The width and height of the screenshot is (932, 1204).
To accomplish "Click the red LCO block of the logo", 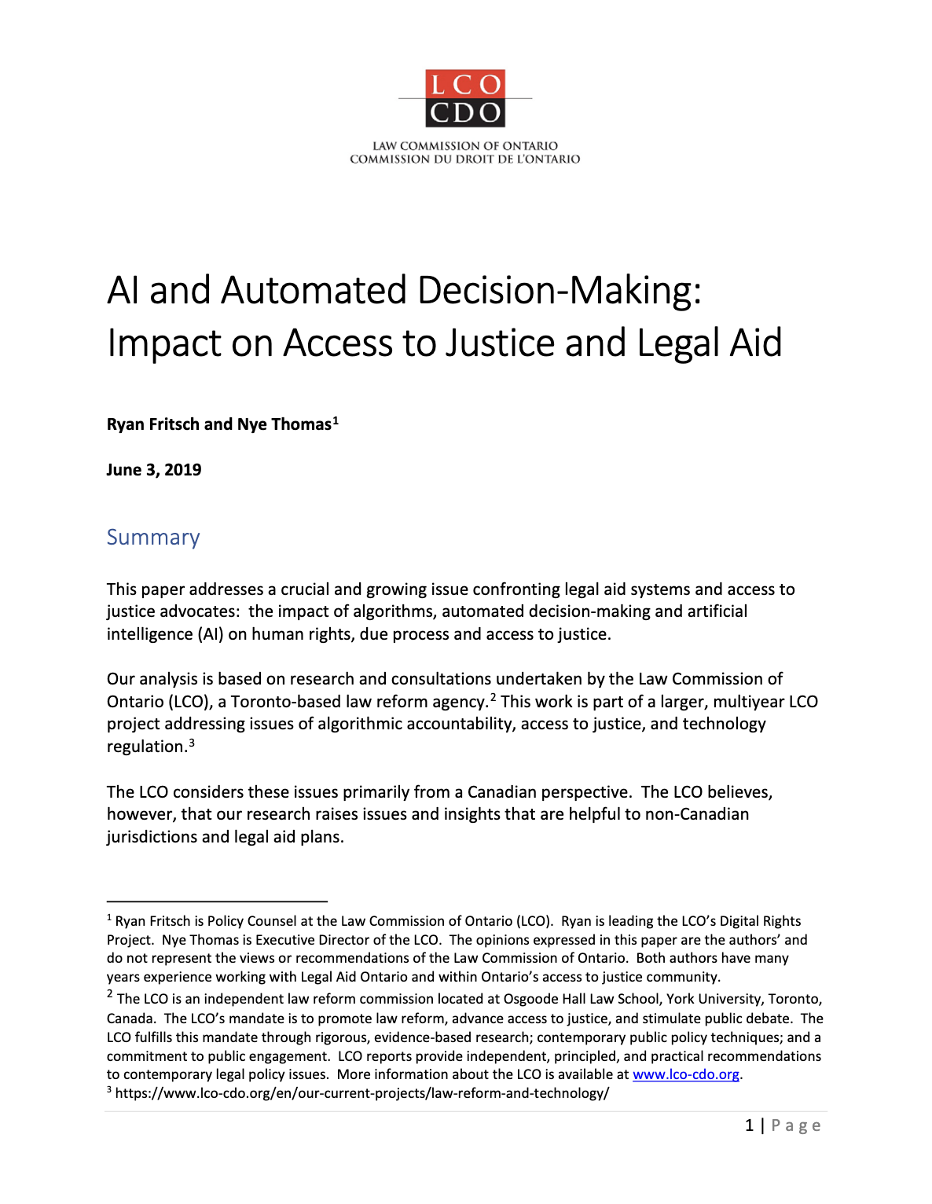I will [465, 84].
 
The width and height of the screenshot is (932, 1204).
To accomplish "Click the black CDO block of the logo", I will [465, 113].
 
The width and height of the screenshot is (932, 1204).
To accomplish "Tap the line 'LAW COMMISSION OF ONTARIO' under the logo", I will [465, 145].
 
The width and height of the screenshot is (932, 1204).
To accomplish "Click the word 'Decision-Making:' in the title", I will [560, 290].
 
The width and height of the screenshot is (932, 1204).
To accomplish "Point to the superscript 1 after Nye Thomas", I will [336, 420].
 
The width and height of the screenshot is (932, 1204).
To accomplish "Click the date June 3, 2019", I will [154, 470].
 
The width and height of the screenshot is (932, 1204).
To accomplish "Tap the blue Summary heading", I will [153, 538].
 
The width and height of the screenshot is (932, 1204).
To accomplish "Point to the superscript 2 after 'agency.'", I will [494, 697].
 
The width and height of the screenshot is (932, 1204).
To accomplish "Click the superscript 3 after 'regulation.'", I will [192, 742].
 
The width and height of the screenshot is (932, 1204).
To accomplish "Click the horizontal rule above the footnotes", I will [217, 901].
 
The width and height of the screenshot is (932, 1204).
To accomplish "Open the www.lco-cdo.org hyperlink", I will [686, 1074].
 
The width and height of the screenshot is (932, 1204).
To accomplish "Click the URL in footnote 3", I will [362, 1093].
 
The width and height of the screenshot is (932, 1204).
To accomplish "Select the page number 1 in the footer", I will [750, 1125].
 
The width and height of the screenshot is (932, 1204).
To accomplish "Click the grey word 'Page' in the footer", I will [796, 1125].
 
